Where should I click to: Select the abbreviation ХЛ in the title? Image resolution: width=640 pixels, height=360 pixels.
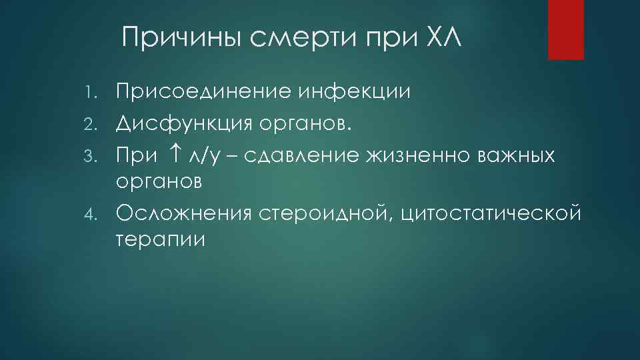click(x=441, y=37)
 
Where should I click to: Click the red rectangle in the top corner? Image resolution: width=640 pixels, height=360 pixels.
click(x=565, y=29)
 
